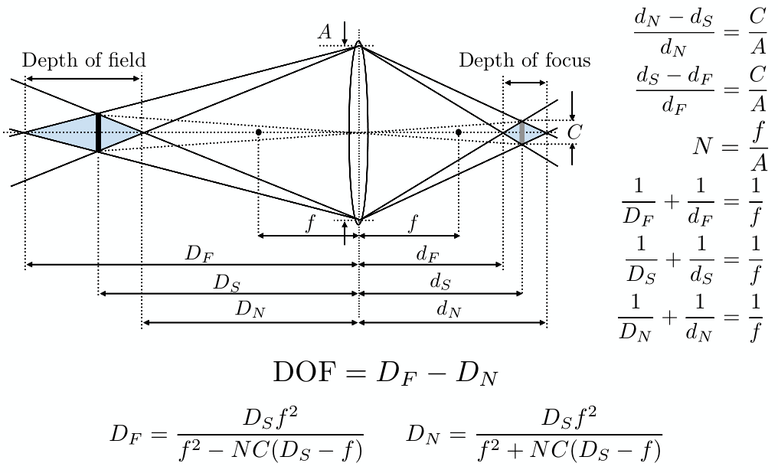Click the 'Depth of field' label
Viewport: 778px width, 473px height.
(x=83, y=60)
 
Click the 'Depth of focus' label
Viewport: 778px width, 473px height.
(x=525, y=60)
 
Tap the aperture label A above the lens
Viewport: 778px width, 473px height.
(x=325, y=31)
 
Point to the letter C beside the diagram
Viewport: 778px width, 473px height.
(x=574, y=132)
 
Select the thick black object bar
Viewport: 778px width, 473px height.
(x=98, y=132)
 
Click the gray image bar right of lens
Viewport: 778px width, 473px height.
(x=521, y=132)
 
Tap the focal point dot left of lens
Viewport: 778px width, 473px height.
(x=259, y=132)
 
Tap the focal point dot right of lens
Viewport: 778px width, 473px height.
(x=458, y=132)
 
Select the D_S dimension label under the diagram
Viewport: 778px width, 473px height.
(x=227, y=282)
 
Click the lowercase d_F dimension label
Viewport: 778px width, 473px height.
(x=427, y=254)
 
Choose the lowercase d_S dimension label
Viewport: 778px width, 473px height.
(x=440, y=282)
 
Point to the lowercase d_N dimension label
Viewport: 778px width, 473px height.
(x=449, y=310)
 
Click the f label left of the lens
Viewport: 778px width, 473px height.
(x=309, y=223)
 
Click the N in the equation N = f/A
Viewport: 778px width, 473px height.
(x=704, y=146)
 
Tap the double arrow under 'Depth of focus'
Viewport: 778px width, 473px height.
(x=525, y=83)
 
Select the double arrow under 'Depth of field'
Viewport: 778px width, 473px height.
(x=83, y=78)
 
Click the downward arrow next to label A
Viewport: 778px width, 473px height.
(x=345, y=33)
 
